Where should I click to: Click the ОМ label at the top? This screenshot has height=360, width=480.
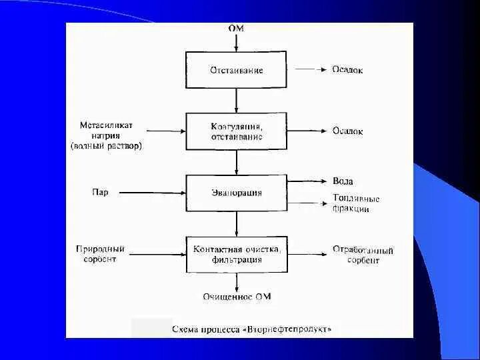point(236,29)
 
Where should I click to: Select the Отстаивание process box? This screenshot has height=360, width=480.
point(236,70)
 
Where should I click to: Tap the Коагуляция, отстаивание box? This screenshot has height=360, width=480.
point(236,131)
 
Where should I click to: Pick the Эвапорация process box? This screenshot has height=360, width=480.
point(236,193)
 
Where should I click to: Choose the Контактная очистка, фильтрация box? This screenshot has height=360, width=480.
point(236,254)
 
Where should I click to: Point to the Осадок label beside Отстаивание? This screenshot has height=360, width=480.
point(347,70)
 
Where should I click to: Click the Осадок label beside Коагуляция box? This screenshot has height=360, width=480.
point(347,131)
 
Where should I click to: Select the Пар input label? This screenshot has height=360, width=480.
point(100,193)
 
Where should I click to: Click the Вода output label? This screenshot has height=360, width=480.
point(343,181)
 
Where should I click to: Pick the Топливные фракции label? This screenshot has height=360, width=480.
point(355,203)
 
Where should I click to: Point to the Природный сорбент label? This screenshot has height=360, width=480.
point(100,254)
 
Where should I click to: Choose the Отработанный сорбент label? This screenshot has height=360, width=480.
point(363,255)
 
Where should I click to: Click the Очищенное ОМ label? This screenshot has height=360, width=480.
point(237,297)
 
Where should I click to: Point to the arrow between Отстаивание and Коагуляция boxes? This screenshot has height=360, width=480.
point(236,100)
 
